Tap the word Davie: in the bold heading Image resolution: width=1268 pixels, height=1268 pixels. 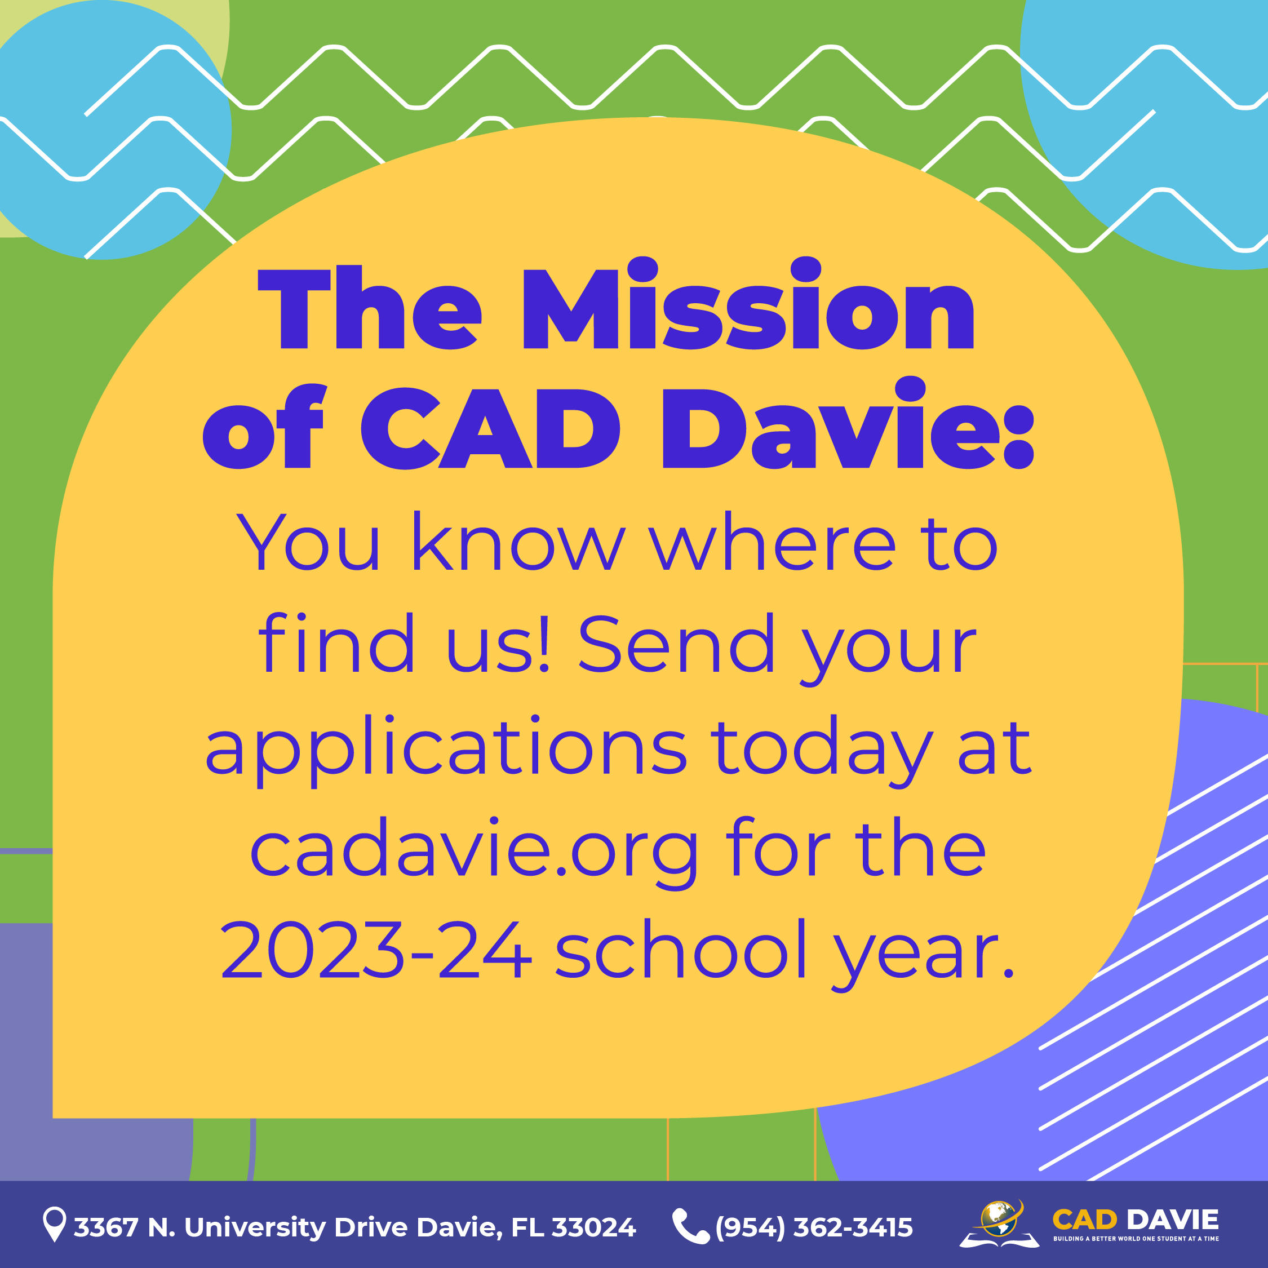click(x=848, y=423)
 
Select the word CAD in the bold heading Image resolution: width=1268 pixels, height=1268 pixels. click(x=490, y=428)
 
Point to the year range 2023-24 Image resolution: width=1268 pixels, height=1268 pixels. click(x=375, y=949)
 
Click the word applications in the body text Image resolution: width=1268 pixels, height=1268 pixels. click(x=446, y=750)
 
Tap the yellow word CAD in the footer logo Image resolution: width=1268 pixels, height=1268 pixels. click(x=1084, y=1220)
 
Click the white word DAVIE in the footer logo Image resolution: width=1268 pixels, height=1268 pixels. click(x=1173, y=1220)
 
